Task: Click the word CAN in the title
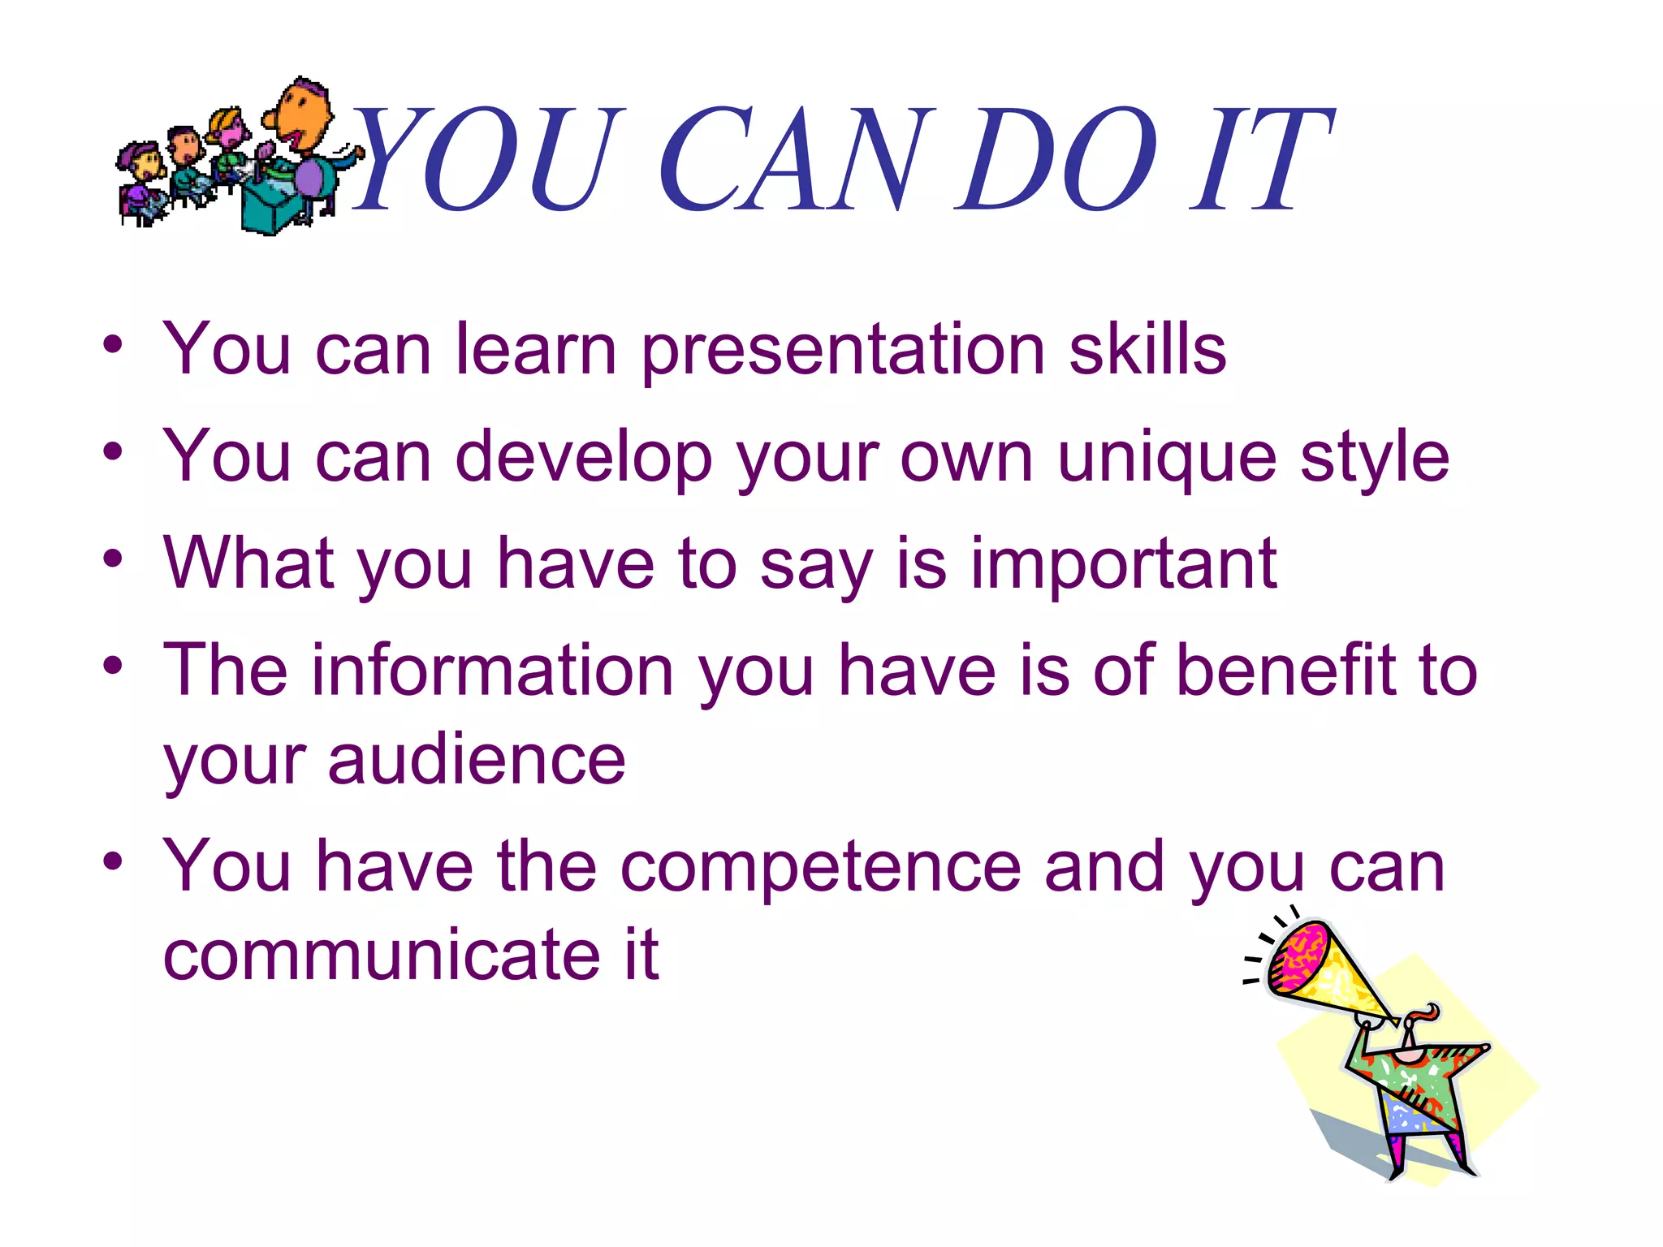click(x=792, y=160)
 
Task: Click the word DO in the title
click(x=1056, y=160)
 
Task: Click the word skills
click(x=1147, y=349)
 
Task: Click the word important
click(x=1124, y=565)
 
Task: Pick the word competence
click(x=820, y=867)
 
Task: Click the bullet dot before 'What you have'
click(x=113, y=560)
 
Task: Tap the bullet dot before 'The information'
click(x=113, y=667)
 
